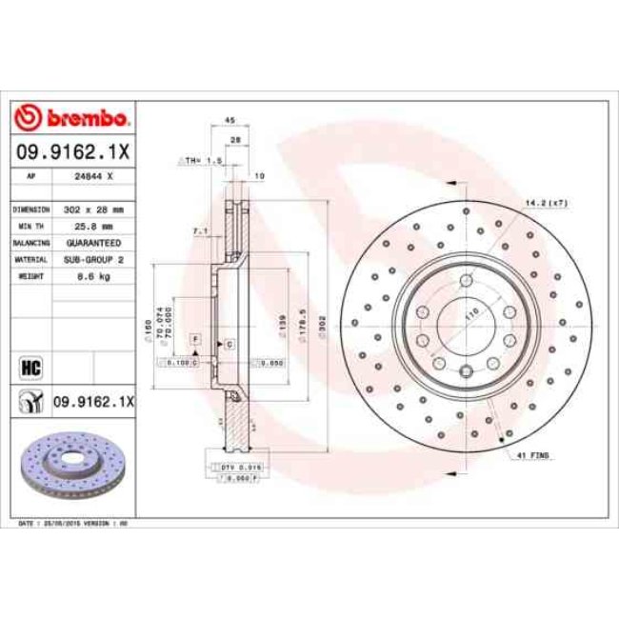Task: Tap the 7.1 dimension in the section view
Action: pyautogui.click(x=197, y=230)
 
